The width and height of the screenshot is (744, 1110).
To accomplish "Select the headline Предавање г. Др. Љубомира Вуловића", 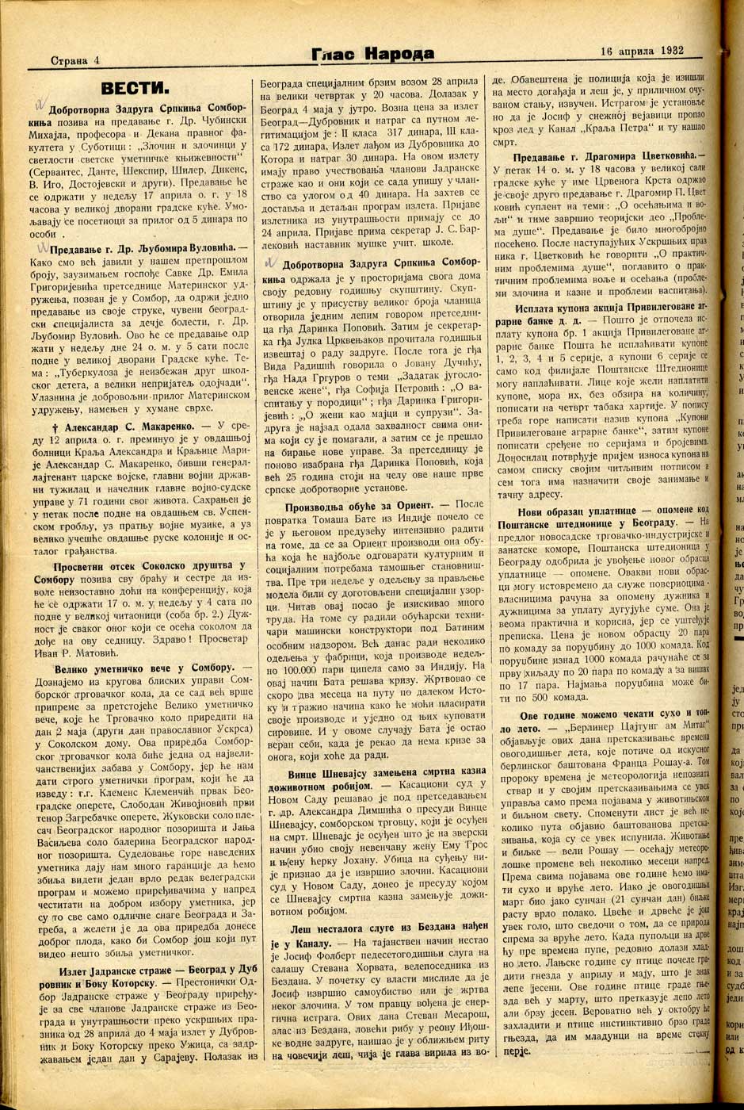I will pyautogui.click(x=141, y=250).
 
